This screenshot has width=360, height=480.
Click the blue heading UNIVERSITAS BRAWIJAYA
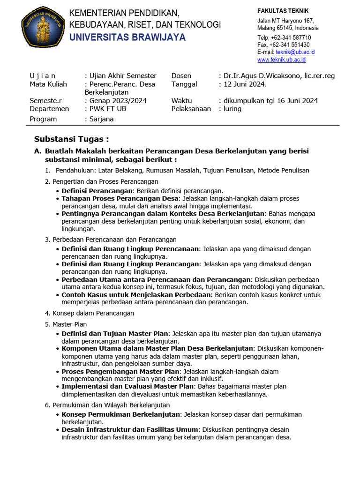click(x=127, y=37)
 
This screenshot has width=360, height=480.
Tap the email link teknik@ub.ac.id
click(x=295, y=52)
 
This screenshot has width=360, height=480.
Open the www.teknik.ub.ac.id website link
click(x=281, y=60)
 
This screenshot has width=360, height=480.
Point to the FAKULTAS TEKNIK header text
click(x=283, y=11)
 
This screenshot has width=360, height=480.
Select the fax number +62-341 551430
click(x=289, y=45)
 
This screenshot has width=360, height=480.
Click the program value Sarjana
click(x=101, y=119)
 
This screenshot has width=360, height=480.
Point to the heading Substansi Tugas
click(x=71, y=139)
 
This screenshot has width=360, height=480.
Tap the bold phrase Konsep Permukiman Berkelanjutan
click(x=121, y=414)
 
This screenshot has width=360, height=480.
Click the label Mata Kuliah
click(x=48, y=84)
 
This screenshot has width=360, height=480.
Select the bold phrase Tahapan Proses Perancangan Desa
click(x=120, y=198)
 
